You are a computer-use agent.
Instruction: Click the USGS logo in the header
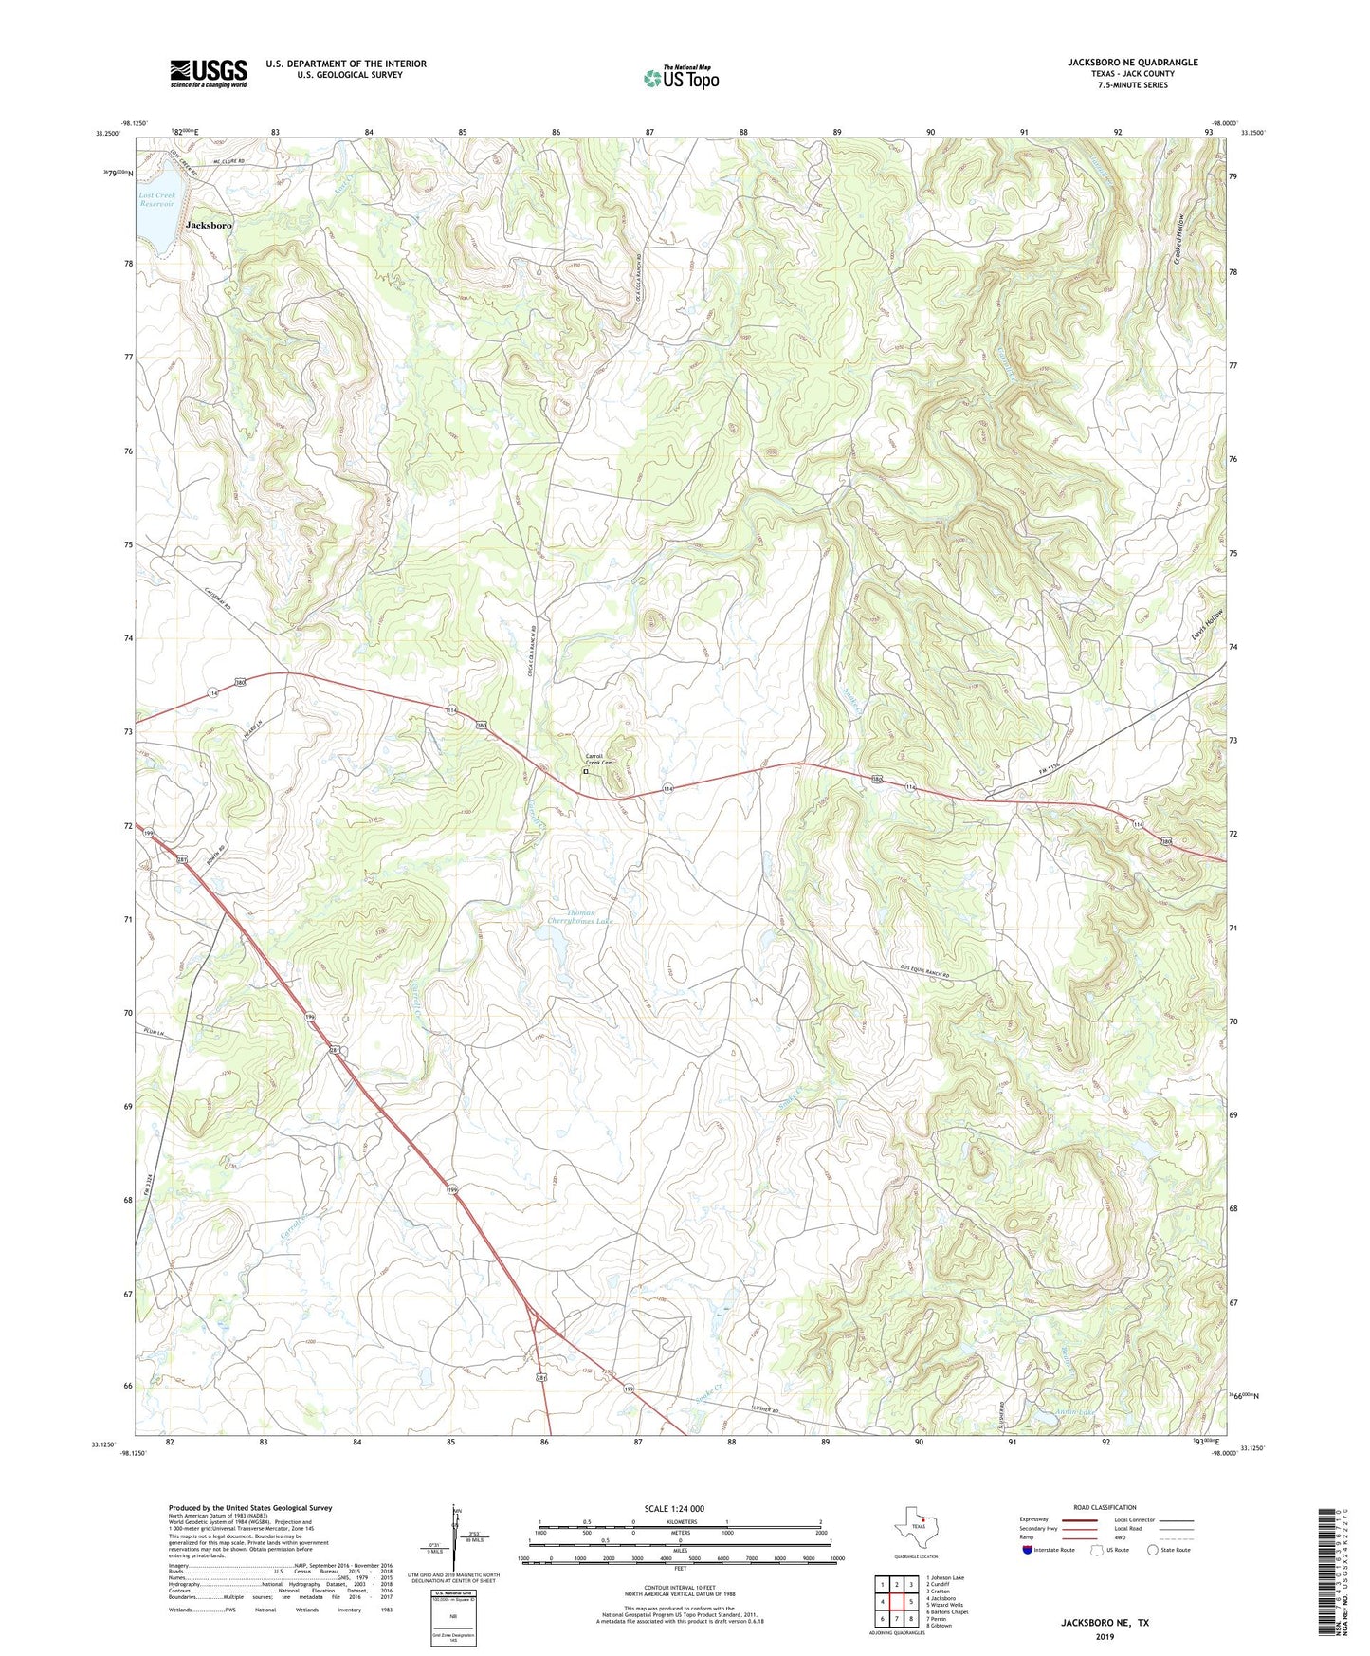(x=209, y=73)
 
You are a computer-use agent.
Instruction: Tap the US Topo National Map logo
(x=681, y=78)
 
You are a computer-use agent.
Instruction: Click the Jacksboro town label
(x=209, y=226)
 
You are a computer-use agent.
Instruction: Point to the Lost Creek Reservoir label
(x=157, y=200)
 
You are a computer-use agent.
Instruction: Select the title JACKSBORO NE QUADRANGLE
(x=1132, y=63)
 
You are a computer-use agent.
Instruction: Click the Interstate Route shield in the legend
(x=1030, y=1550)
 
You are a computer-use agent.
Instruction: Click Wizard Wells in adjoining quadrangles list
(x=945, y=1605)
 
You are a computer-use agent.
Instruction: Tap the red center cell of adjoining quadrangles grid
(x=896, y=1602)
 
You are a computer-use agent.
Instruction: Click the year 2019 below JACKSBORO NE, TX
(x=1105, y=1636)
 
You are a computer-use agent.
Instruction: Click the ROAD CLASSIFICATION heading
(x=1105, y=1507)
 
